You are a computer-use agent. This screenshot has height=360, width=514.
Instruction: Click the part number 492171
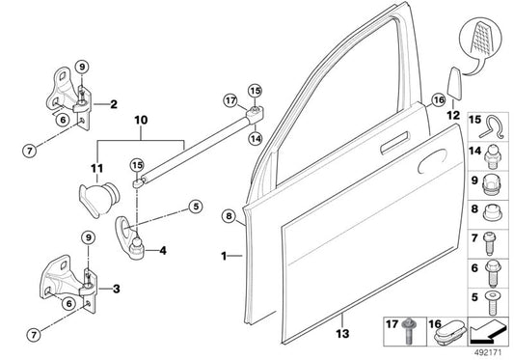click(x=491, y=352)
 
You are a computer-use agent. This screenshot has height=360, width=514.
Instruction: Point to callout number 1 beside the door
click(x=224, y=257)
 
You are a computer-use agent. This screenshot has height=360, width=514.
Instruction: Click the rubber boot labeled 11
click(x=94, y=203)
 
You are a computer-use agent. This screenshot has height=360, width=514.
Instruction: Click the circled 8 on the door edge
click(x=229, y=216)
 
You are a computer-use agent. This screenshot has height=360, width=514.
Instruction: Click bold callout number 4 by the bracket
click(x=162, y=251)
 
